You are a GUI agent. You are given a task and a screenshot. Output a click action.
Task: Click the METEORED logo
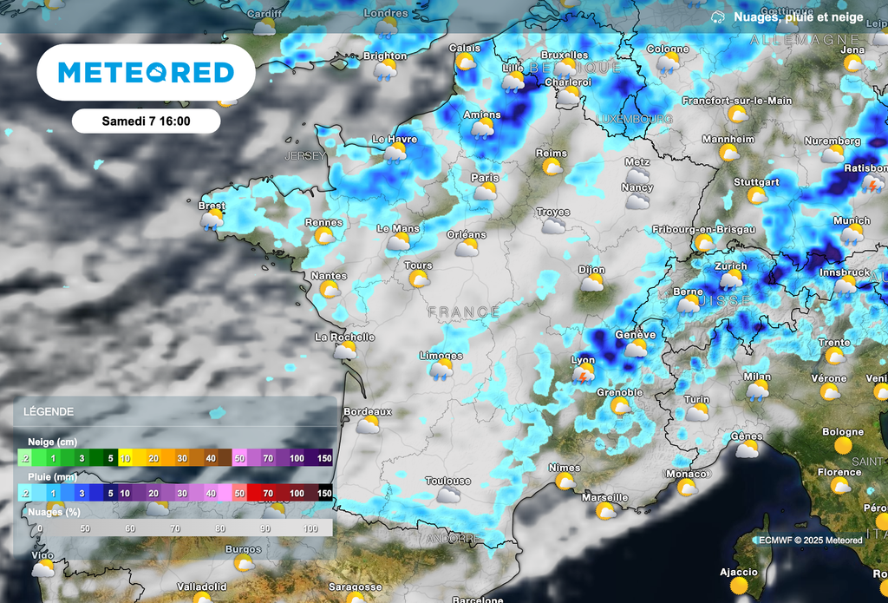point(146,72)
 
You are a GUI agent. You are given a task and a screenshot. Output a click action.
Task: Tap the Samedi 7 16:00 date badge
point(146,121)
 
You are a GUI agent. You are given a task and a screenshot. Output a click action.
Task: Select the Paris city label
point(485,178)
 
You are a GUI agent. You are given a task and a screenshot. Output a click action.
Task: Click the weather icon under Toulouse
point(448,495)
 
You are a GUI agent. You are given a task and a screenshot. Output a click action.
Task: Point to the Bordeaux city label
point(368,411)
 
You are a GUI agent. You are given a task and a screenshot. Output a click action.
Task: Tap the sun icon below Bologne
point(842,446)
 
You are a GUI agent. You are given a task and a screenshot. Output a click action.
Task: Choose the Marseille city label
point(604,497)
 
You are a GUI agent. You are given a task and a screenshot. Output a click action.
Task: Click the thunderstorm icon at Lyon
point(583,374)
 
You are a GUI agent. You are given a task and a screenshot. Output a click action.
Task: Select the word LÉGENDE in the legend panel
point(49,412)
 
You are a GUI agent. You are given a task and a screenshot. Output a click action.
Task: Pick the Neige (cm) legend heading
point(49,442)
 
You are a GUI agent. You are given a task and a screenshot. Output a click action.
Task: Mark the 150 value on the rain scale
point(324,493)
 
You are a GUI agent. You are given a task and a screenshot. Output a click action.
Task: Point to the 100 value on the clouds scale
point(311,528)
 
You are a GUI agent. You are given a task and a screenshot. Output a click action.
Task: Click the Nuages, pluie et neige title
point(798,17)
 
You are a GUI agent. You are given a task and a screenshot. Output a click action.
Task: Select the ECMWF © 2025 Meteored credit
point(811,541)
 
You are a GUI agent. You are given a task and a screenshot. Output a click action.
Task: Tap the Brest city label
point(212,206)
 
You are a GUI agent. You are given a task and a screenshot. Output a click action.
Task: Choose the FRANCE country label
point(463,311)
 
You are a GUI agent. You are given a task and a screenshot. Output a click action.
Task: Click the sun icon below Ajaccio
point(738,587)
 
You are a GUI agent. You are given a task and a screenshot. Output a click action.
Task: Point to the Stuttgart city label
point(756,182)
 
